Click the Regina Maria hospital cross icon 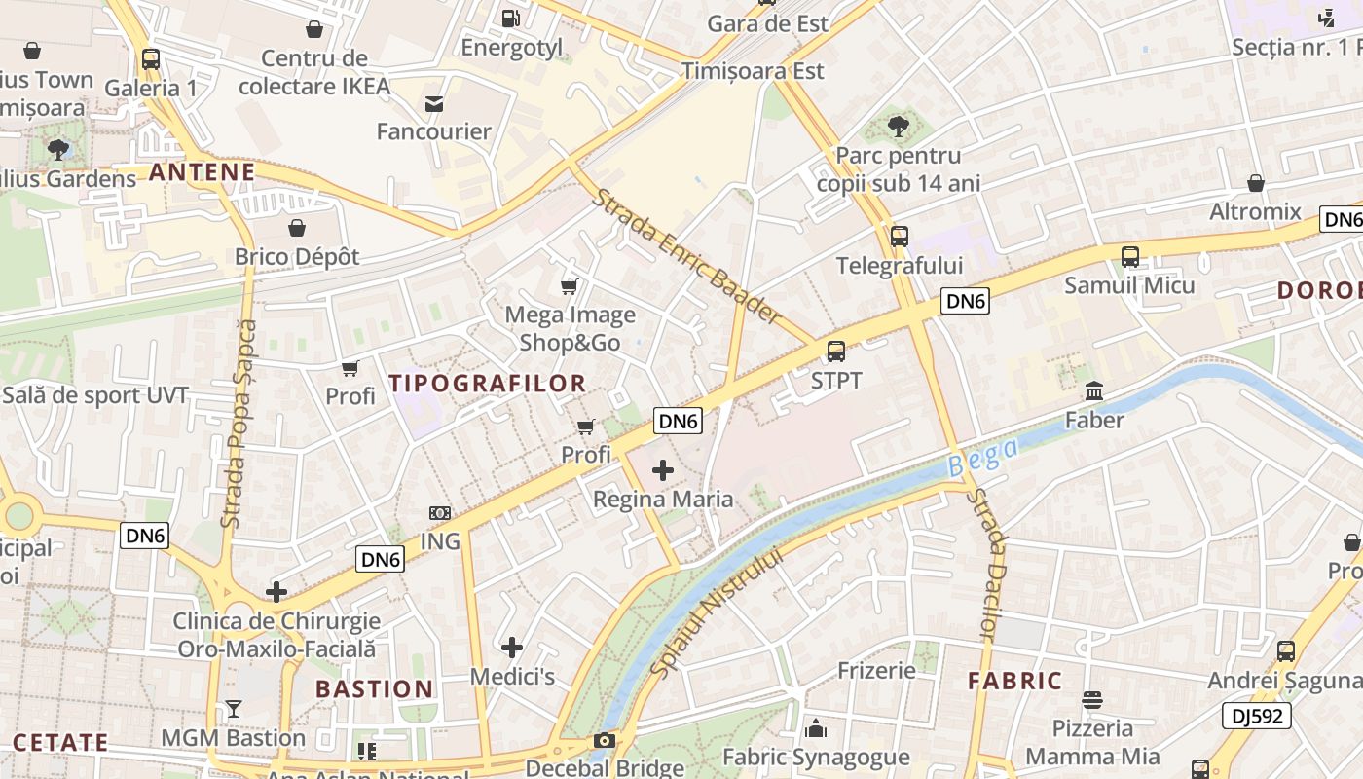coord(663,471)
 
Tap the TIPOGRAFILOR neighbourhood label coord(488,384)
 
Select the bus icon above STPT coord(836,352)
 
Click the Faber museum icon coord(1093,391)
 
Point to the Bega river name coord(983,457)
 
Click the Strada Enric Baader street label coord(687,256)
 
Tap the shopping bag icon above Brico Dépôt coord(297,228)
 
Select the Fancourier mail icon coord(434,103)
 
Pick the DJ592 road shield coord(1256,716)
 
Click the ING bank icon coord(440,513)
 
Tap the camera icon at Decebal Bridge coord(605,741)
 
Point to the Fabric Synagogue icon coord(816,728)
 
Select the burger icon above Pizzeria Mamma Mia coord(1092,700)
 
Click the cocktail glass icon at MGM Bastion coord(234,709)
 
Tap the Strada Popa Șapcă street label coord(239,424)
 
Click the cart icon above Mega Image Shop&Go coord(570,286)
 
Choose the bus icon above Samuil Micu coord(1129,257)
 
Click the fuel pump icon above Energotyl coord(510,19)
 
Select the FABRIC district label coord(1014,681)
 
